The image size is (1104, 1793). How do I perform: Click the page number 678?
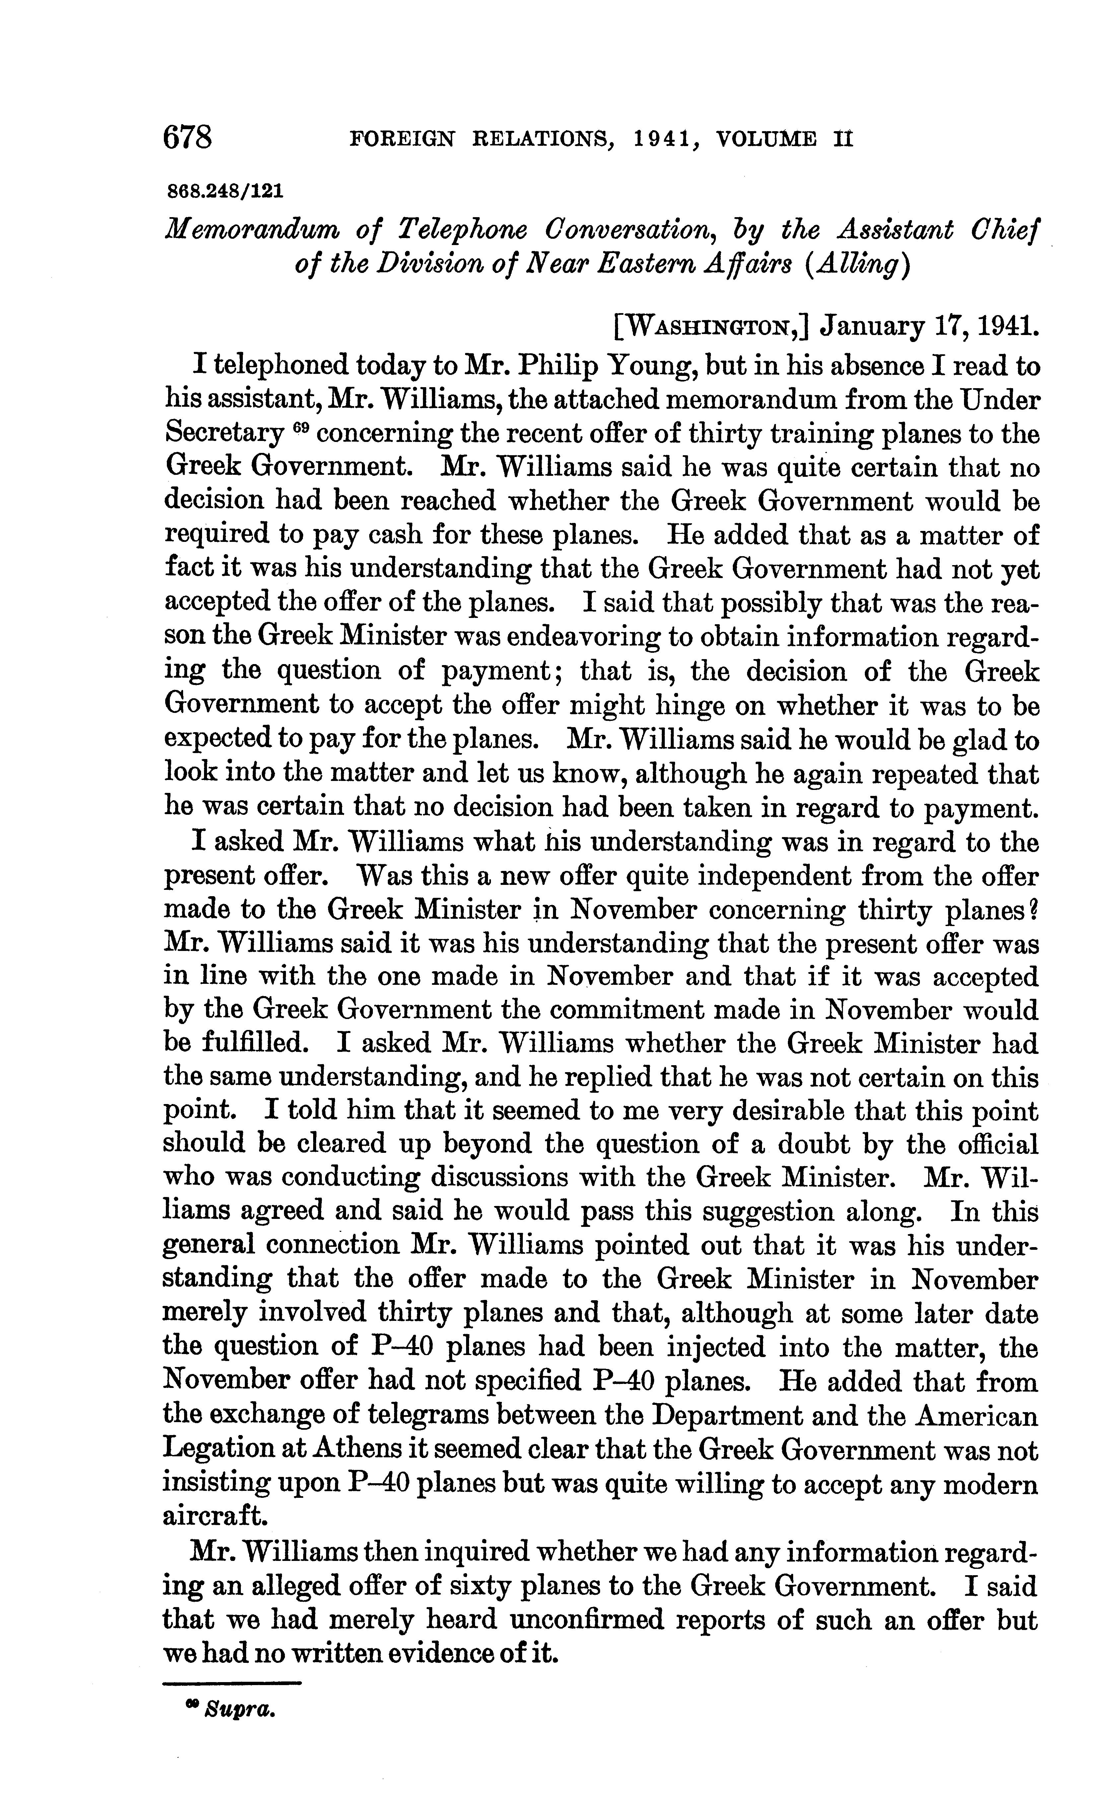[x=188, y=137]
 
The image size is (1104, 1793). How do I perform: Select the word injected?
[x=711, y=1347]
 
